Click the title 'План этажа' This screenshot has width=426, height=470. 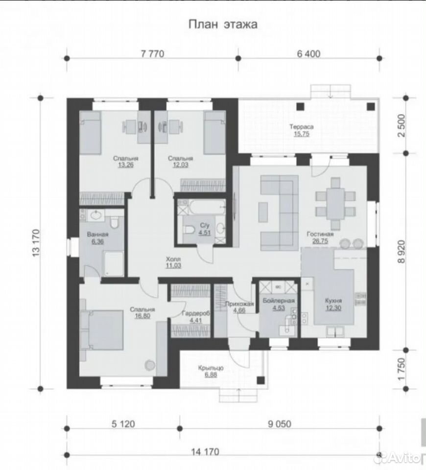[x=223, y=24]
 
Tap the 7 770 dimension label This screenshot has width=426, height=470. [x=153, y=54]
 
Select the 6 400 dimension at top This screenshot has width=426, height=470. [x=308, y=54]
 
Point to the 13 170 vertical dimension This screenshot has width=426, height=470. [x=36, y=243]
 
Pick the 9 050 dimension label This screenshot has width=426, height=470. [x=279, y=424]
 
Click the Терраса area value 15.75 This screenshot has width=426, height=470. [x=301, y=134]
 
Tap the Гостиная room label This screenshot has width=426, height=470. [x=320, y=234]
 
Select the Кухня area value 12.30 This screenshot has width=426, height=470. [x=333, y=308]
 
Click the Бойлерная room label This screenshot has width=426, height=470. [x=279, y=300]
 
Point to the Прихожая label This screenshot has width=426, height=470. [x=239, y=304]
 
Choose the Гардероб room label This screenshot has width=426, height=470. [x=196, y=313]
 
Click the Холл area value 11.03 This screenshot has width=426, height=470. [x=173, y=265]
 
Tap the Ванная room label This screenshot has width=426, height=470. [x=97, y=235]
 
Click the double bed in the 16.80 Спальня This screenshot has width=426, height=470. [x=102, y=330]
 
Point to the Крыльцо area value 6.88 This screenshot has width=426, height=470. [x=211, y=375]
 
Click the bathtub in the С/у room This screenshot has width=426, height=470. [x=207, y=207]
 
